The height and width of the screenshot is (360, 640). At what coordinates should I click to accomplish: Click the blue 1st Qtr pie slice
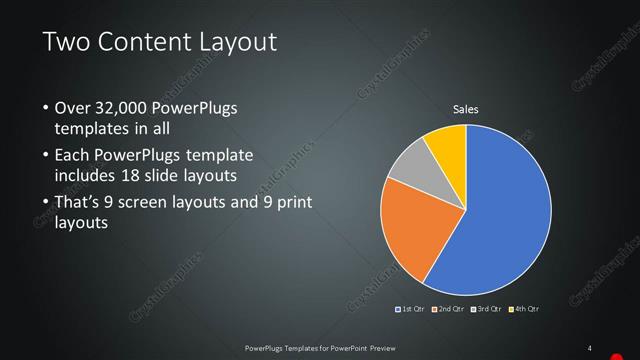pos(505,210)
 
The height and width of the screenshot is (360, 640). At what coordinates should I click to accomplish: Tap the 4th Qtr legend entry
pos(526,309)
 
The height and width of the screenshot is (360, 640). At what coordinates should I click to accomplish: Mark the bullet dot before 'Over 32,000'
pos(45,108)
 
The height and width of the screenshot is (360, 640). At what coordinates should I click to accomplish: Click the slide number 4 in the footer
pos(589,348)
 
